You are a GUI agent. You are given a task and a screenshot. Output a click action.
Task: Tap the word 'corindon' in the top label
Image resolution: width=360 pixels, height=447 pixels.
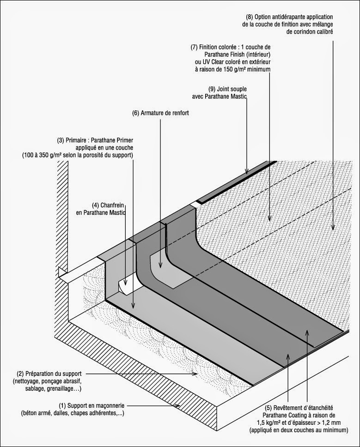305,31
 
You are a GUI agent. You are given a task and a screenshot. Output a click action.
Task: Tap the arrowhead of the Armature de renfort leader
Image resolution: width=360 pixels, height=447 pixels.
160,267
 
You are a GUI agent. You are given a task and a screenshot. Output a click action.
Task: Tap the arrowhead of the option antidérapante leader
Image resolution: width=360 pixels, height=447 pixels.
332,228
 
